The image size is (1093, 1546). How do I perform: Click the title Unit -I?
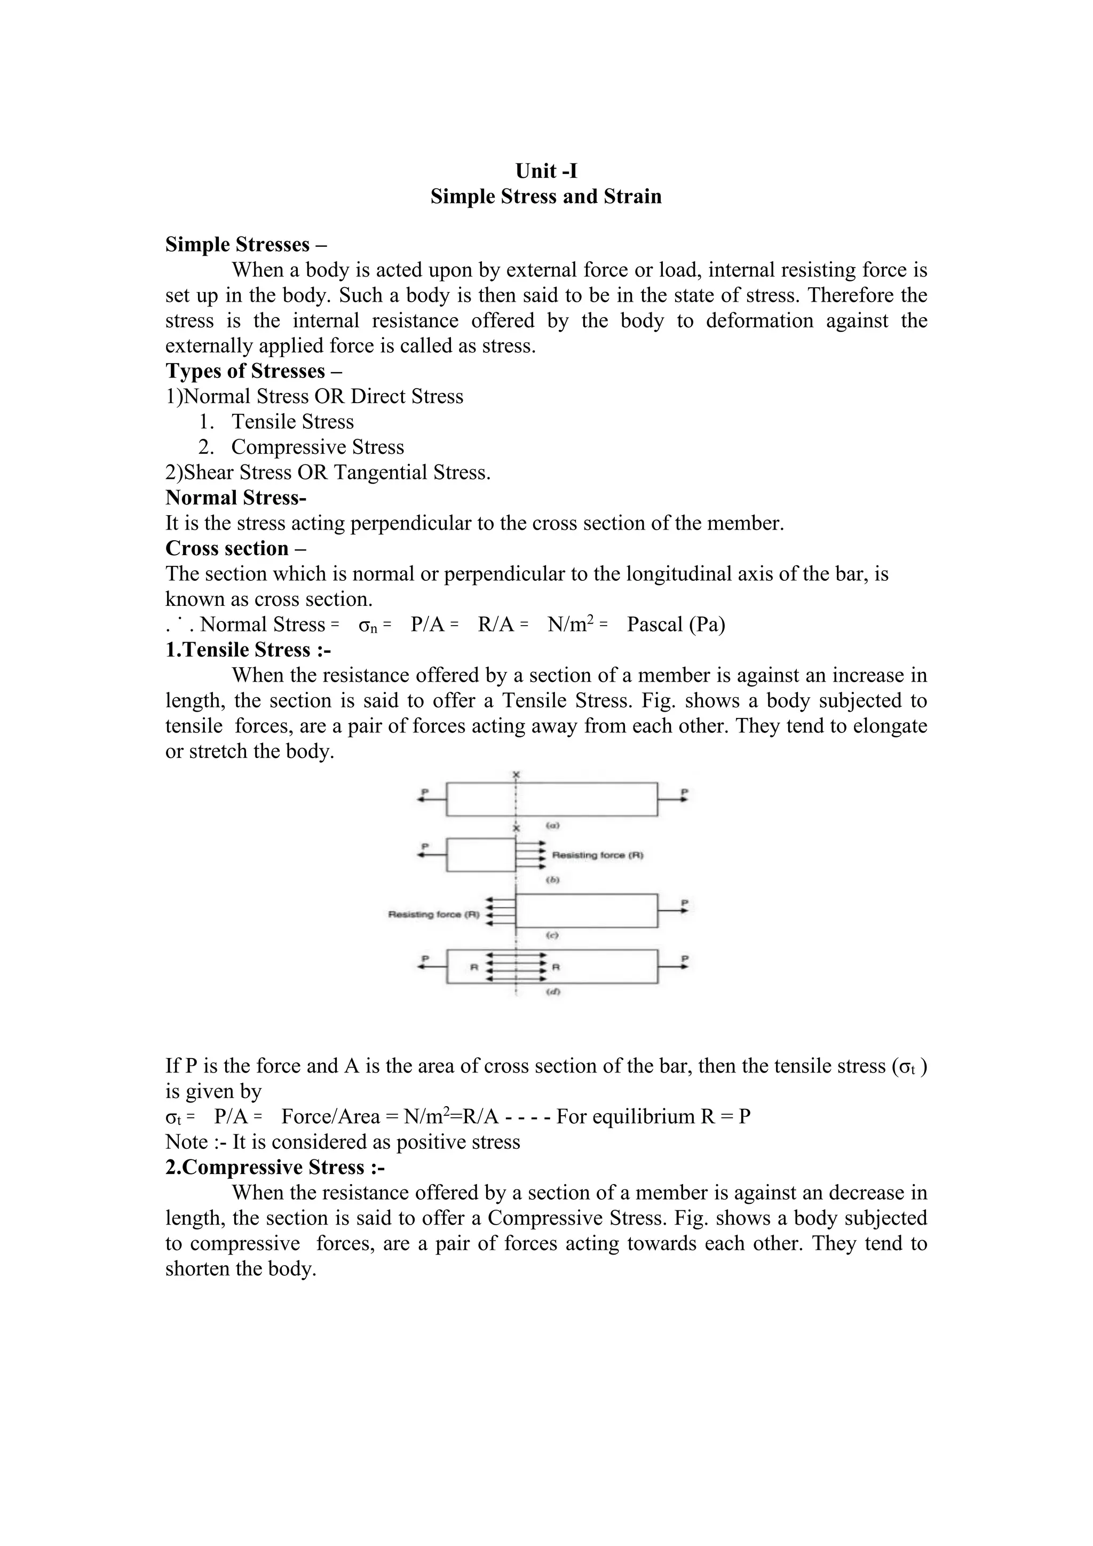point(546,171)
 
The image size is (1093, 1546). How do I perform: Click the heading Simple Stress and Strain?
point(546,196)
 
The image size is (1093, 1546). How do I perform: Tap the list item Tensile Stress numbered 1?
point(292,422)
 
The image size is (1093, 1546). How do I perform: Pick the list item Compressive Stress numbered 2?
point(317,447)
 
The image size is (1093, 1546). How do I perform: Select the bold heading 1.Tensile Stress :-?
point(248,650)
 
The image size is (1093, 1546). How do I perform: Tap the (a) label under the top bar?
point(552,825)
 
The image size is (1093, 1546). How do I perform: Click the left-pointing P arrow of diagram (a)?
point(431,799)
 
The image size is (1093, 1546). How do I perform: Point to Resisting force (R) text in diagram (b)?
point(597,855)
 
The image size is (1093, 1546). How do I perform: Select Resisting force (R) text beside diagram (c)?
point(433,914)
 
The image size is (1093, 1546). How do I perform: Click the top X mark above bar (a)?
point(516,775)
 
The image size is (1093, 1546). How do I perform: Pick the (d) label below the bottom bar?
point(552,992)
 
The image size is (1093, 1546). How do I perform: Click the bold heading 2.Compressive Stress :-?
point(275,1167)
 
